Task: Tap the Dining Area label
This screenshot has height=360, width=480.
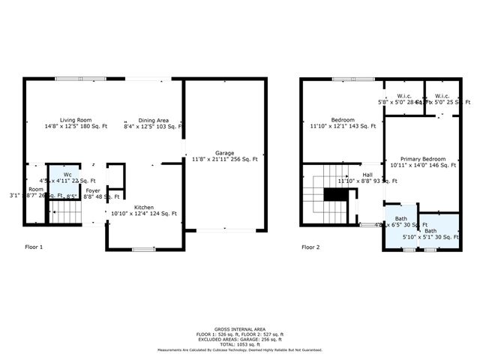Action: [x=152, y=120]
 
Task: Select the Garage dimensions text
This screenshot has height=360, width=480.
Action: [x=225, y=159]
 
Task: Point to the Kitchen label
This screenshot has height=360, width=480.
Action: [x=144, y=207]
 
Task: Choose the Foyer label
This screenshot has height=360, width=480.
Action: [x=92, y=190]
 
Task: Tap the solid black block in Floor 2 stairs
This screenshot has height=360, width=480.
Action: [x=337, y=195]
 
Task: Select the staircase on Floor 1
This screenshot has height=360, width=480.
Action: [x=65, y=216]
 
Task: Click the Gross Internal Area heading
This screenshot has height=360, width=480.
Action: [x=240, y=328]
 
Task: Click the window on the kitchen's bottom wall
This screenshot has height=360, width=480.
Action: [x=143, y=249]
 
